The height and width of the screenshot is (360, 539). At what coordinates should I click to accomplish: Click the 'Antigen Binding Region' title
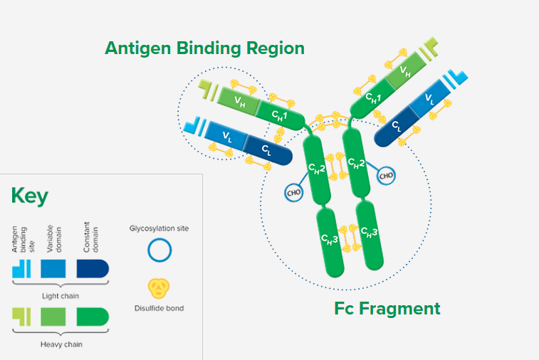click(204, 48)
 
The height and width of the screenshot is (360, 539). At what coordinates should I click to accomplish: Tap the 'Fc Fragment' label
click(387, 309)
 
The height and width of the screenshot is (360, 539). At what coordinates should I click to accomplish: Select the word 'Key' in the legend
click(30, 197)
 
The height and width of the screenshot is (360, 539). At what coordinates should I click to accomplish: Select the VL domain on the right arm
click(429, 99)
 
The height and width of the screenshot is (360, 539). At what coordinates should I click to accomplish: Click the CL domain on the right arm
click(396, 127)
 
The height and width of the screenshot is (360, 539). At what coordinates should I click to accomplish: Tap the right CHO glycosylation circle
click(386, 175)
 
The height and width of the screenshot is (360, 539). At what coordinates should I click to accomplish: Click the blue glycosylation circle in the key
click(159, 250)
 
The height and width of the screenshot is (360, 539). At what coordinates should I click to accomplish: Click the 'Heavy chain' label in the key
click(61, 344)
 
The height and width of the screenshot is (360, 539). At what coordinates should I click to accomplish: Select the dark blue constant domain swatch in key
click(92, 268)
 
